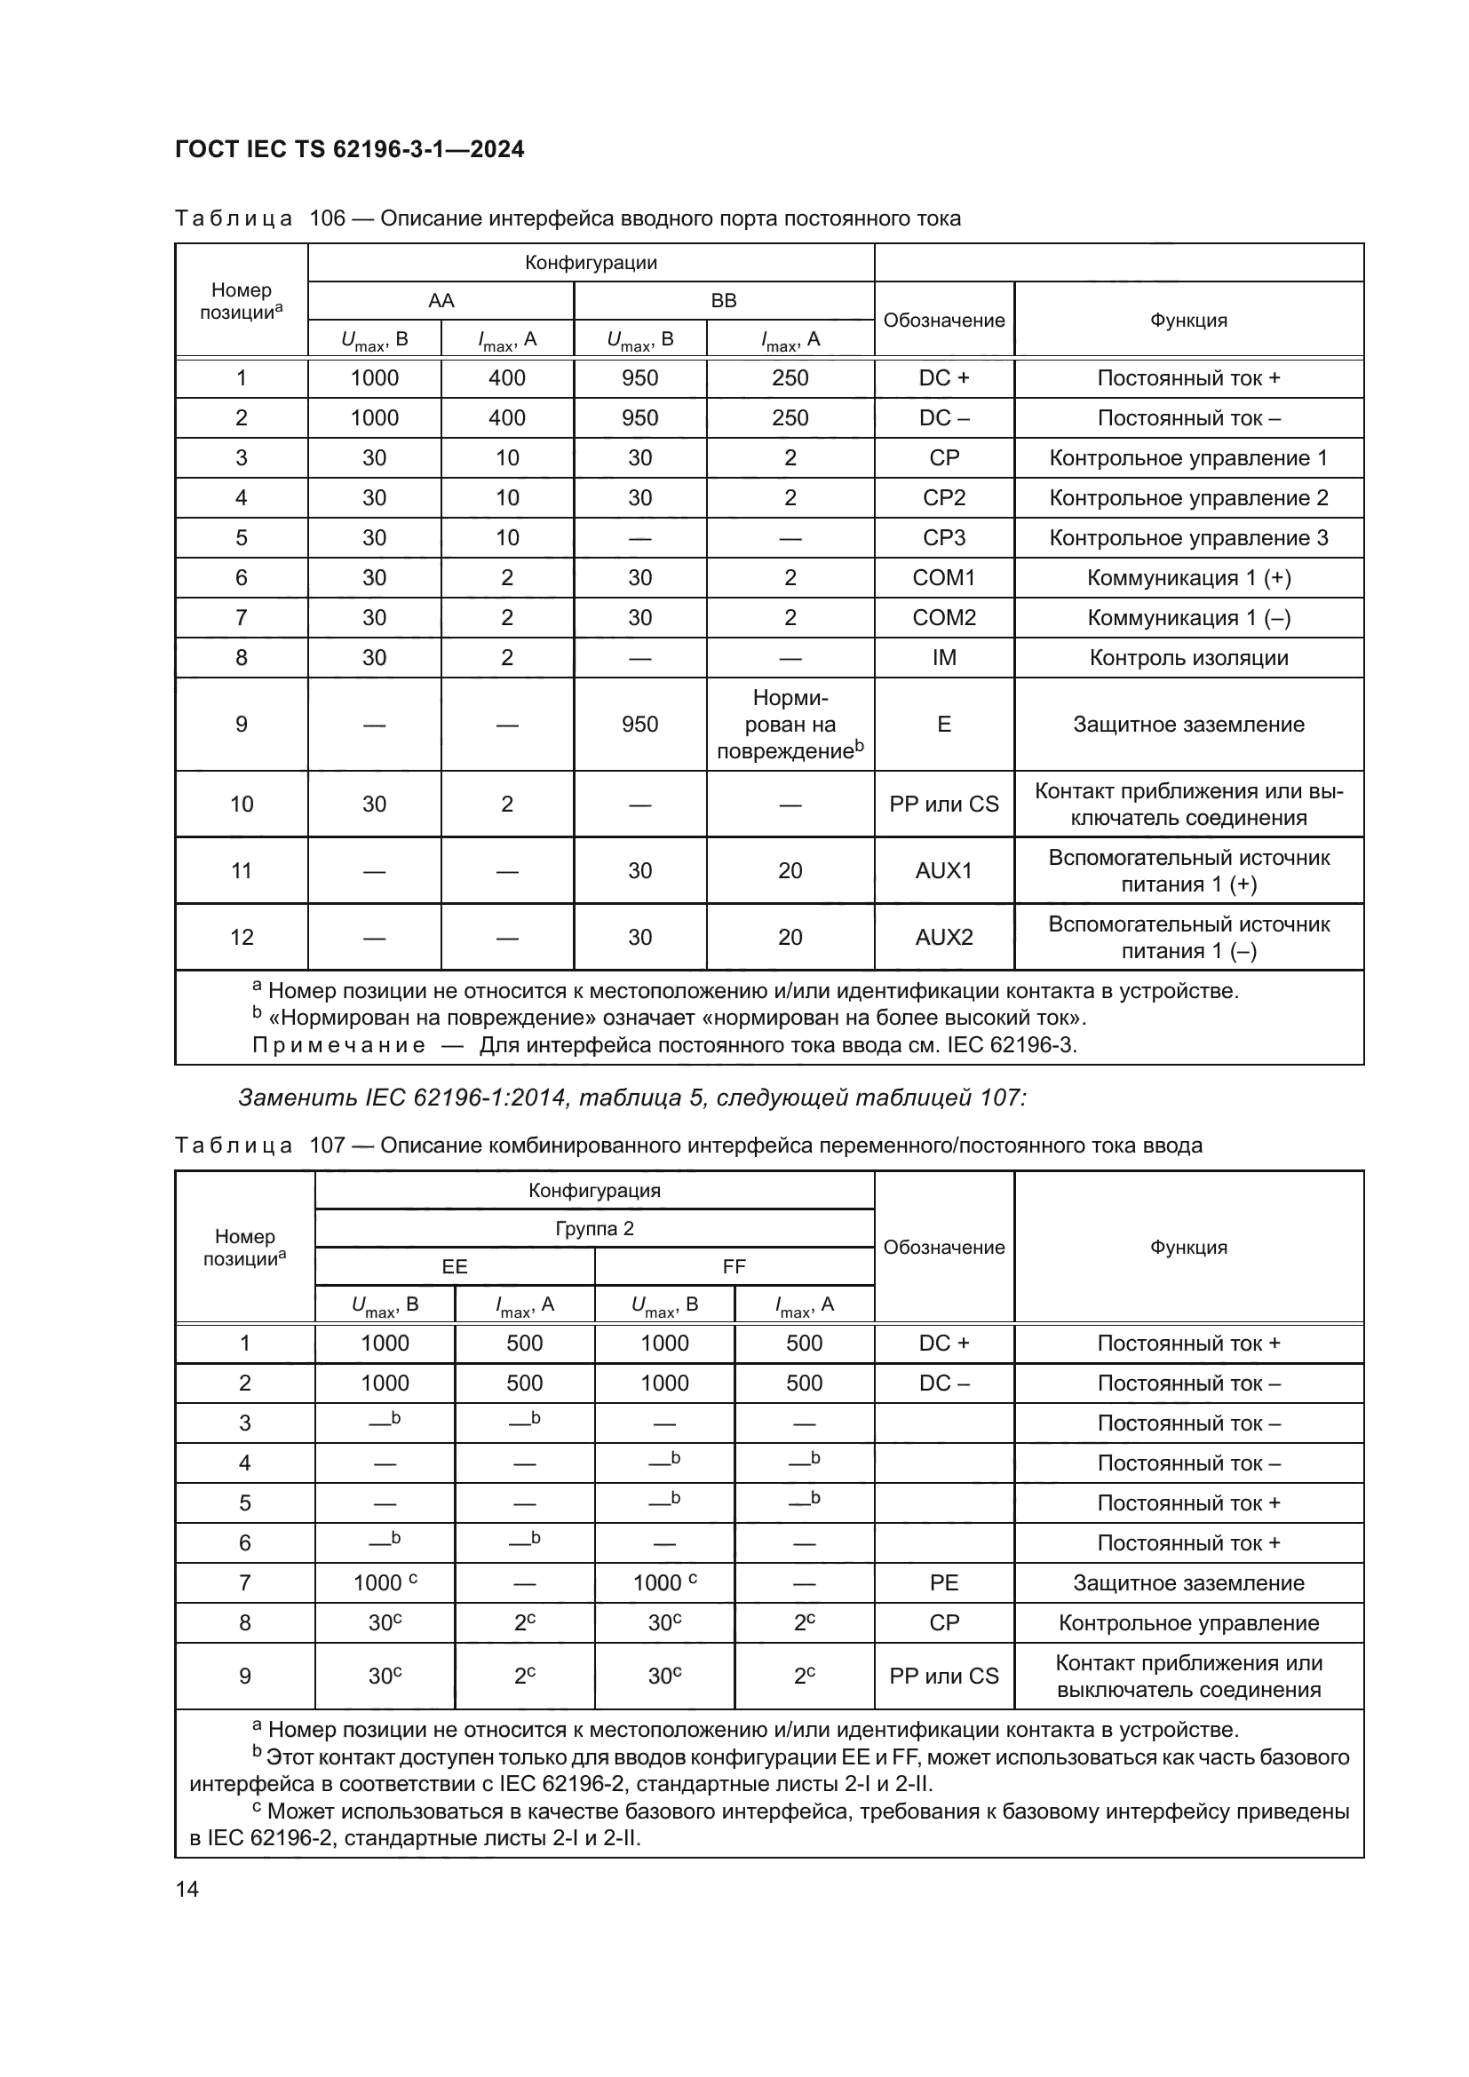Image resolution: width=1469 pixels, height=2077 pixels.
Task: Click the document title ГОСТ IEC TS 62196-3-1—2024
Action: pos(349,149)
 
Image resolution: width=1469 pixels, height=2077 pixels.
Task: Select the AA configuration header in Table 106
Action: pos(441,300)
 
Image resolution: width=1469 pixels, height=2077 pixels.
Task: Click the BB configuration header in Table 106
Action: pos(724,300)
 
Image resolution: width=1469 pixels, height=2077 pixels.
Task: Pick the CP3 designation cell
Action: pos(943,538)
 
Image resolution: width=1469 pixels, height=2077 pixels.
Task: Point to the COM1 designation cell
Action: pos(943,578)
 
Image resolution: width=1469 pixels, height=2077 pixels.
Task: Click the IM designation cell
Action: pos(943,658)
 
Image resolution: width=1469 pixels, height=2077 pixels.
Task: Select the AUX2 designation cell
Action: pos(943,937)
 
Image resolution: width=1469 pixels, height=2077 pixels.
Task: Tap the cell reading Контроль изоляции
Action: pos(1188,658)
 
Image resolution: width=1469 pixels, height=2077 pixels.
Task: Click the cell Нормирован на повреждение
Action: pos(790,725)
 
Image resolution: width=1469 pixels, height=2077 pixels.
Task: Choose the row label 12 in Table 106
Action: pos(242,937)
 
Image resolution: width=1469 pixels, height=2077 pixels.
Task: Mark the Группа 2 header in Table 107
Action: pos(594,1228)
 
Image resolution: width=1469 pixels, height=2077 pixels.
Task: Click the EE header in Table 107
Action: pos(454,1266)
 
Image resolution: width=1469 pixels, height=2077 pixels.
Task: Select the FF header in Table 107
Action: pos(734,1266)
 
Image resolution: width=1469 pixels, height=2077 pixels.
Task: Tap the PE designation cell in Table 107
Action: pos(943,1583)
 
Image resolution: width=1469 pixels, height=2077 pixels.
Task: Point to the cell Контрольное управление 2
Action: pos(1188,498)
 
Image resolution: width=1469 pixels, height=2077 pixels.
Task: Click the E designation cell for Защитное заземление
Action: pos(943,725)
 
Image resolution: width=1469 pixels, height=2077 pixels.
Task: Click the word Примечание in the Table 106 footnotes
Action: pos(338,1046)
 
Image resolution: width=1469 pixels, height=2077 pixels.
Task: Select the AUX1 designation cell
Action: pos(943,871)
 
